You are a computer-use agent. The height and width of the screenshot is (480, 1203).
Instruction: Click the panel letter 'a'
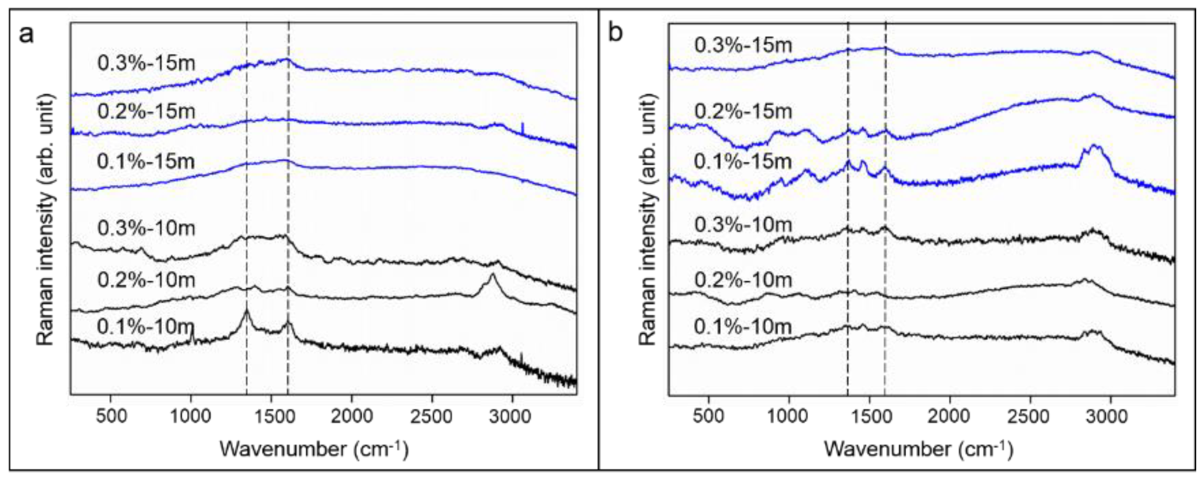[26, 34]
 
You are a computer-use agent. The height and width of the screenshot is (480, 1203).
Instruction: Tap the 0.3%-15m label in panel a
[146, 63]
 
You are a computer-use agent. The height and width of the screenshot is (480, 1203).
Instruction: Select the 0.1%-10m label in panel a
[145, 327]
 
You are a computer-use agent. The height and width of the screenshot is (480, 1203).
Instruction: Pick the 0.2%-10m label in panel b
[743, 280]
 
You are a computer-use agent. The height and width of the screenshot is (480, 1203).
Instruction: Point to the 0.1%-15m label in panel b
[742, 161]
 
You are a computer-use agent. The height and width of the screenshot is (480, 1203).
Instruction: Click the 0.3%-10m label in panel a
[146, 228]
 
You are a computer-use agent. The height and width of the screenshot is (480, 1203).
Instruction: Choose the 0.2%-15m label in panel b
[743, 111]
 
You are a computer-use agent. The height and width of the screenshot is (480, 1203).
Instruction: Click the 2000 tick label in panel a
[351, 415]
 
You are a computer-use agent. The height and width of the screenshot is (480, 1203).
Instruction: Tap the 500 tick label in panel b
[709, 415]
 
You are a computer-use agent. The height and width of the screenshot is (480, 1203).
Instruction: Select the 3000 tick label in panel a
[512, 415]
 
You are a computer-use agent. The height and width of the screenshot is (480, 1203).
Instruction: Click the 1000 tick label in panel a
[191, 415]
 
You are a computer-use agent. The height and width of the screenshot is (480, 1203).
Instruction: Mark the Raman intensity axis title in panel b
[648, 219]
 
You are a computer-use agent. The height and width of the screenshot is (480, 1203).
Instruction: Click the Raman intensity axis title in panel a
[46, 219]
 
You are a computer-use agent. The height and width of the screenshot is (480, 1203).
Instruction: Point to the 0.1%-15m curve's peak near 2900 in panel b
[1093, 147]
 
